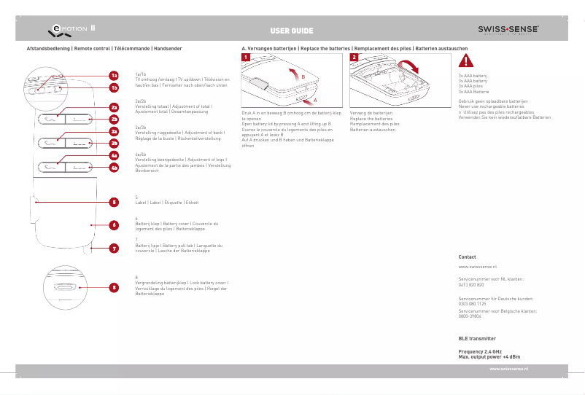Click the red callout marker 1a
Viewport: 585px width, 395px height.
coord(114,75)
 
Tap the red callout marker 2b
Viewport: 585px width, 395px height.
coord(114,118)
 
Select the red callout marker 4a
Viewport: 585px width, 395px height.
coord(114,155)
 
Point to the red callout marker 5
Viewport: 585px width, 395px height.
coord(114,202)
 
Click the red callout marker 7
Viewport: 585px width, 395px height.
coord(114,249)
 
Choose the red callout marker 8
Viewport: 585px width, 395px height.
coord(114,287)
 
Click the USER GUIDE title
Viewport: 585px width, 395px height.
coord(292,31)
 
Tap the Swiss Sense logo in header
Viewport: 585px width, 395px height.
coord(508,30)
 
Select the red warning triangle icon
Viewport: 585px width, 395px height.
coord(466,62)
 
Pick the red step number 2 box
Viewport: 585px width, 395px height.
coord(354,58)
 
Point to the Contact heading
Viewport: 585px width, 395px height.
coord(467,257)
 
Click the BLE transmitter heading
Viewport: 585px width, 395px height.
coord(477,339)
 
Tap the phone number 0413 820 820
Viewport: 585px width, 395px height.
coord(471,284)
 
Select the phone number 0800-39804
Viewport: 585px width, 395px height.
coord(470,316)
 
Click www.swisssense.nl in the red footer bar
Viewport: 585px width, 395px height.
coord(508,370)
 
